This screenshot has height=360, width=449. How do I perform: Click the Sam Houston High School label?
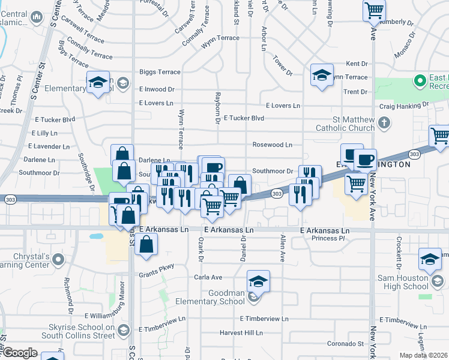[x=403, y=282]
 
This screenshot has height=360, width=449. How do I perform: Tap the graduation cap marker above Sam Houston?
[x=430, y=258]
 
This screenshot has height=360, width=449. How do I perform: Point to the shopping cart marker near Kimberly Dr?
[x=374, y=10]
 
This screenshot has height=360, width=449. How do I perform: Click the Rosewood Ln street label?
[x=272, y=145]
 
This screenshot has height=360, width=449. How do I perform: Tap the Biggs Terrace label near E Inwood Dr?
[x=160, y=72]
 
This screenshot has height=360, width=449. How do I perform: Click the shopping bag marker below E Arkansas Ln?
[x=146, y=244]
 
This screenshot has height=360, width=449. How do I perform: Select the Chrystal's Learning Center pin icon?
[x=58, y=260]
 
